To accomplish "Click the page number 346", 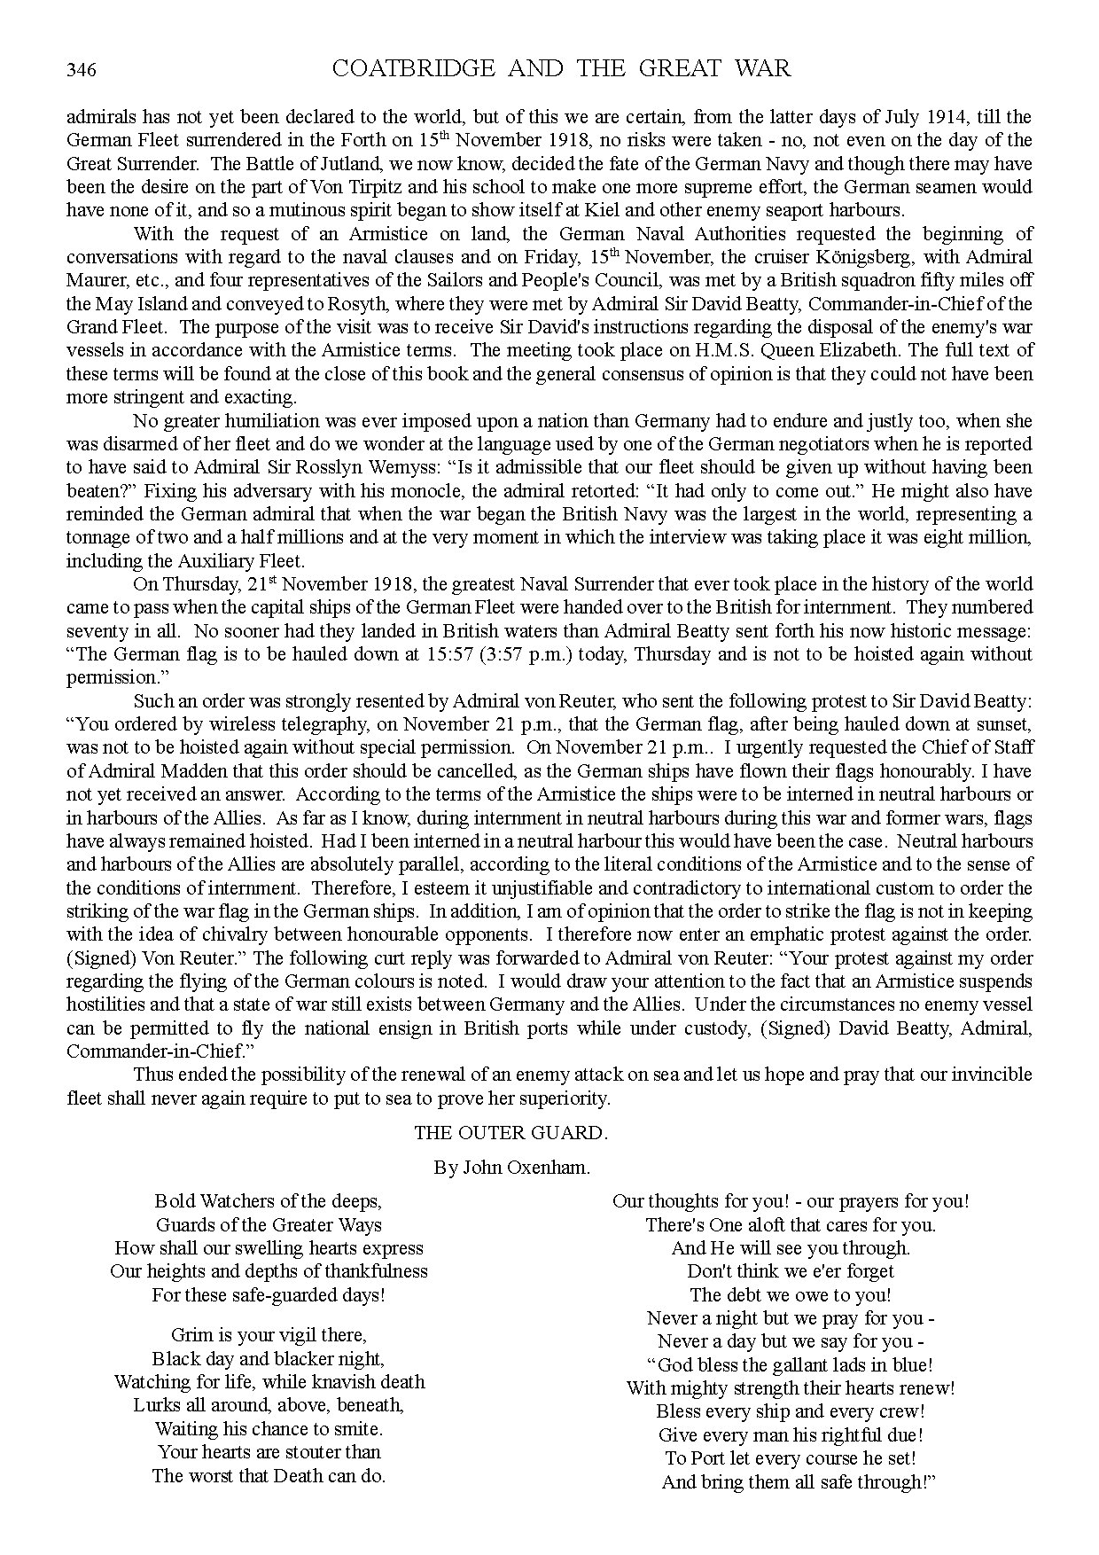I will [81, 70].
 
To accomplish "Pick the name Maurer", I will [95, 280].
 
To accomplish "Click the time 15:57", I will [454, 654].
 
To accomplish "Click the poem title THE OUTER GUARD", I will [511, 1132].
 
